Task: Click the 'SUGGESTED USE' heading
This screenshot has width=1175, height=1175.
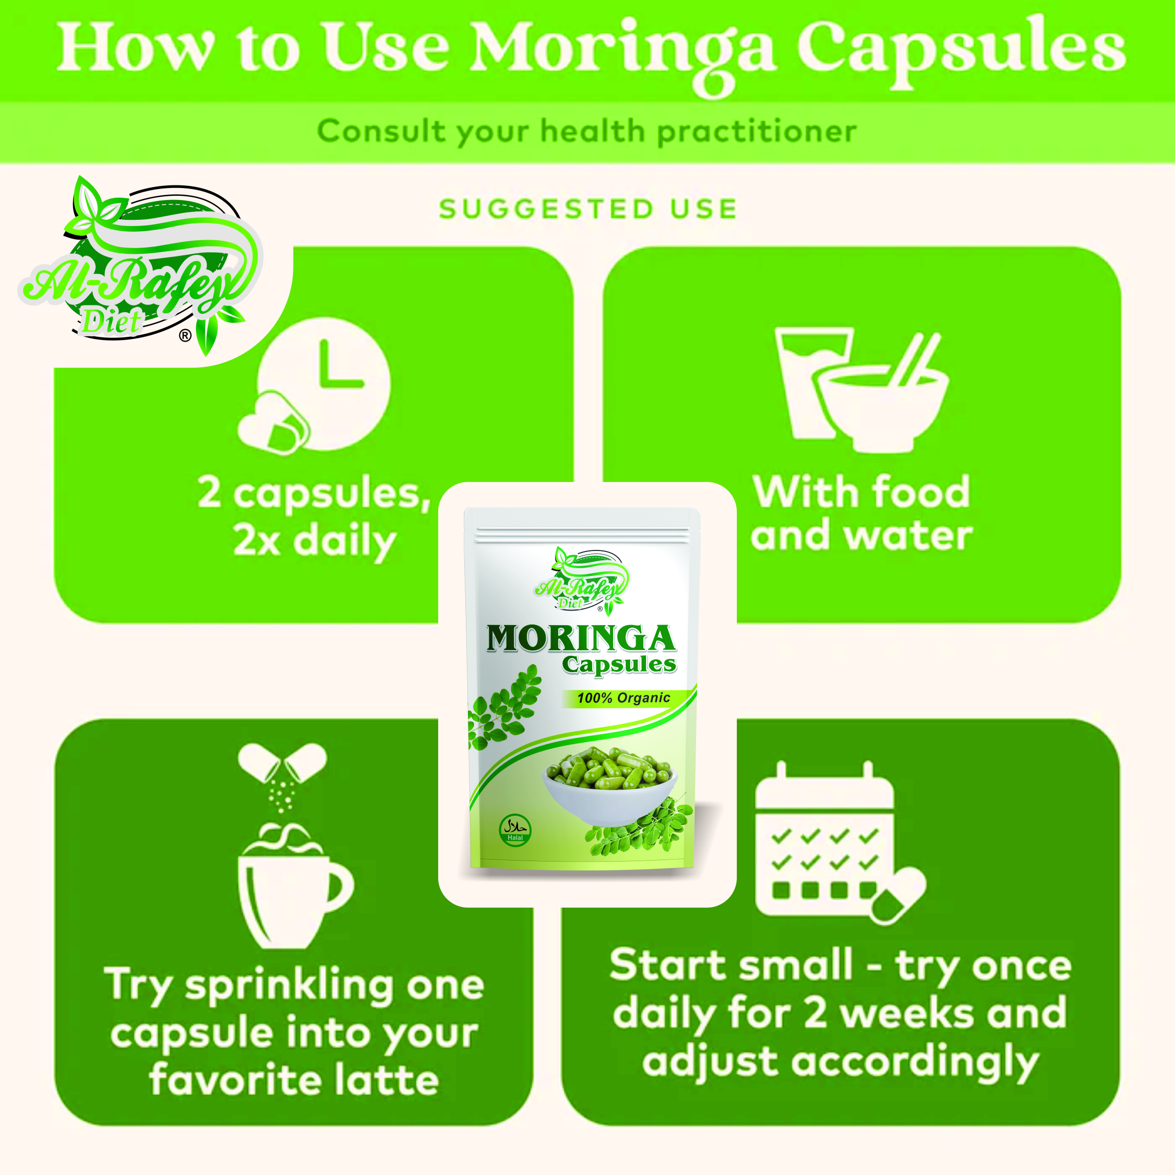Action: tap(588, 209)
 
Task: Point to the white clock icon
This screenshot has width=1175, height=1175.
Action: tap(324, 384)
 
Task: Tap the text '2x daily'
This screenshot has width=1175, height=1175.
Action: tap(314, 541)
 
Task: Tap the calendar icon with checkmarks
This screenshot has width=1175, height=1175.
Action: tap(839, 842)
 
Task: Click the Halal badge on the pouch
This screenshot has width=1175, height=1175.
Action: tap(515, 831)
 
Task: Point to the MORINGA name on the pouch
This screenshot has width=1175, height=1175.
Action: tap(581, 639)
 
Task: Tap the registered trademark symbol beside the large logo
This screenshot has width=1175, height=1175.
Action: tap(185, 335)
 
